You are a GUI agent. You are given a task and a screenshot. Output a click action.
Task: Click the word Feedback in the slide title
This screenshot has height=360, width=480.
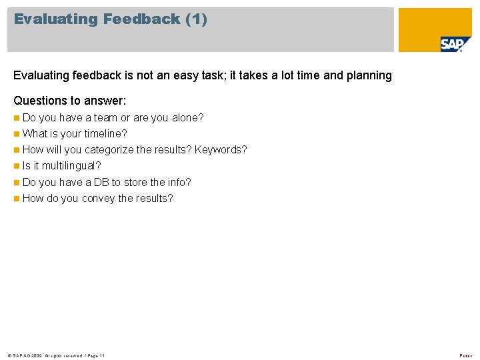[x=141, y=19]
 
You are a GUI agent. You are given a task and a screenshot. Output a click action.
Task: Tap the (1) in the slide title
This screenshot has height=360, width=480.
[x=197, y=19]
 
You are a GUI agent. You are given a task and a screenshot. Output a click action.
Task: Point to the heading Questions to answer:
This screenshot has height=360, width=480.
[x=70, y=101]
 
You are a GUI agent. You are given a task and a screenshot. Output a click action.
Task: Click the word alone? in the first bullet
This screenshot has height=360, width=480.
[x=187, y=118]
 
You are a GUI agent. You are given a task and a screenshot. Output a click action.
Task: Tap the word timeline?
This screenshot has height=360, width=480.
[x=105, y=134]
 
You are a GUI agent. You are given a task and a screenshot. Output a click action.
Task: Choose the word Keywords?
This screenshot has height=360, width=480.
[x=221, y=150]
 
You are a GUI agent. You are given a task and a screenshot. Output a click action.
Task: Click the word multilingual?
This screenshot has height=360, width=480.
[x=71, y=166]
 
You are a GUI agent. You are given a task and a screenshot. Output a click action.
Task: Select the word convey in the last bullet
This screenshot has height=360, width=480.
[x=98, y=199]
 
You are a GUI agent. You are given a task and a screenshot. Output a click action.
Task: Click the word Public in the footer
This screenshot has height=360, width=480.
[x=465, y=356]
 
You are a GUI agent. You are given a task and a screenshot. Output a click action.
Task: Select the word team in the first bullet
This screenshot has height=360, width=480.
[x=106, y=118]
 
